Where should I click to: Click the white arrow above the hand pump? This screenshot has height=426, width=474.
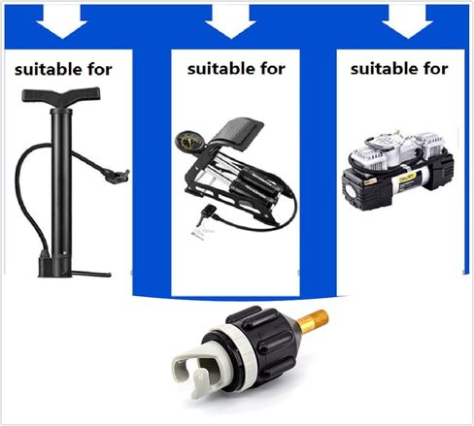(61, 22)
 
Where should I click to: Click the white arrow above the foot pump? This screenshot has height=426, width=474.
(230, 22)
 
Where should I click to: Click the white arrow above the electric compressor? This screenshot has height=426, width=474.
(407, 22)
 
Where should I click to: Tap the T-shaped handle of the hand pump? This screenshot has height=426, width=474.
(61, 95)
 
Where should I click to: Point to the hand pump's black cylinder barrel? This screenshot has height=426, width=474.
(61, 181)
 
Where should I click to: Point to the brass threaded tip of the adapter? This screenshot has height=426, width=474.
(313, 320)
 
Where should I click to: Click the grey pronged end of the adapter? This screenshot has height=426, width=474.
(196, 369)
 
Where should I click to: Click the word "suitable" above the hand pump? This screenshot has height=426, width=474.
(49, 69)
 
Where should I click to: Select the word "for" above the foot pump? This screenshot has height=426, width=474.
(273, 69)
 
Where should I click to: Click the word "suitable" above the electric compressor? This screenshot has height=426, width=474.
(385, 69)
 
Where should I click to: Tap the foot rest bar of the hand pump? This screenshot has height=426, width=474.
(91, 275)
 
